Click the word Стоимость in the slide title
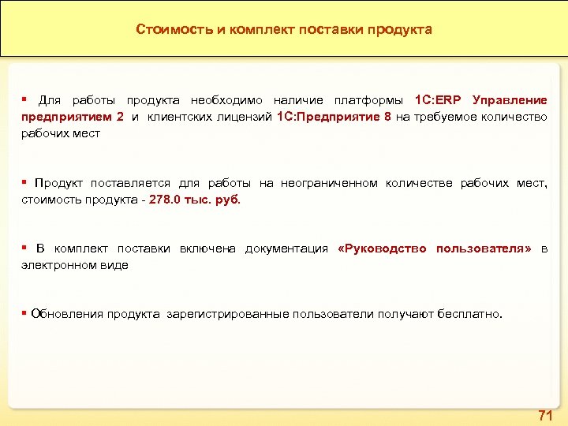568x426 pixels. (x=166, y=30)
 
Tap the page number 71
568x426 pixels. (x=544, y=415)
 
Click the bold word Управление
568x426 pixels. (x=510, y=101)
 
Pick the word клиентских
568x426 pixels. (x=177, y=118)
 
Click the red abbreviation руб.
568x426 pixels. (x=227, y=200)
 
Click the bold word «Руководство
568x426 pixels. (x=382, y=249)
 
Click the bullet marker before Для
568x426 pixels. (x=25, y=100)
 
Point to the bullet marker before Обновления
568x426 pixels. (x=25, y=314)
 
